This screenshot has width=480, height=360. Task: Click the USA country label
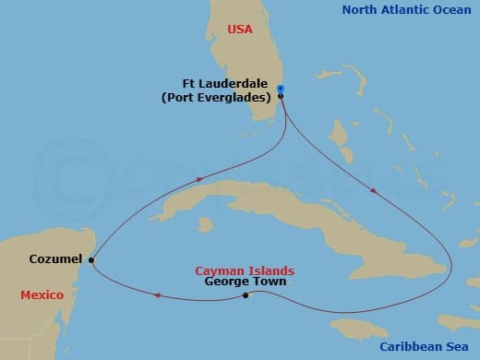tap(239, 30)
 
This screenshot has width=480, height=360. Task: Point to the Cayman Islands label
tap(245, 270)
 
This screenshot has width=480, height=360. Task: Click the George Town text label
tap(246, 282)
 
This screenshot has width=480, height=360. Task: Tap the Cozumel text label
tap(56, 260)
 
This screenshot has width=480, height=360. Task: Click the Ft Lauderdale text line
tap(229, 82)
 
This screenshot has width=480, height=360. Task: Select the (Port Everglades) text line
tap(228, 96)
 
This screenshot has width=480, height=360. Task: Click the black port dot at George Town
tap(245, 295)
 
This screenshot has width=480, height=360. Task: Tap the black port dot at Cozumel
tap(90, 261)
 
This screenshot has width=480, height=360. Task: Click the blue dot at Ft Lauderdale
tap(280, 88)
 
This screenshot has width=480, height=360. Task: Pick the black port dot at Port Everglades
tap(280, 95)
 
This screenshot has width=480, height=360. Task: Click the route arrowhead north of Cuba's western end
tap(198, 181)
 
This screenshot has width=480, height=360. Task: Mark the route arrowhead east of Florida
tap(372, 191)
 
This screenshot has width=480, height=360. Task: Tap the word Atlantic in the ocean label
tap(409, 10)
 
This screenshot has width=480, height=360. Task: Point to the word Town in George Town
tap(270, 282)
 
